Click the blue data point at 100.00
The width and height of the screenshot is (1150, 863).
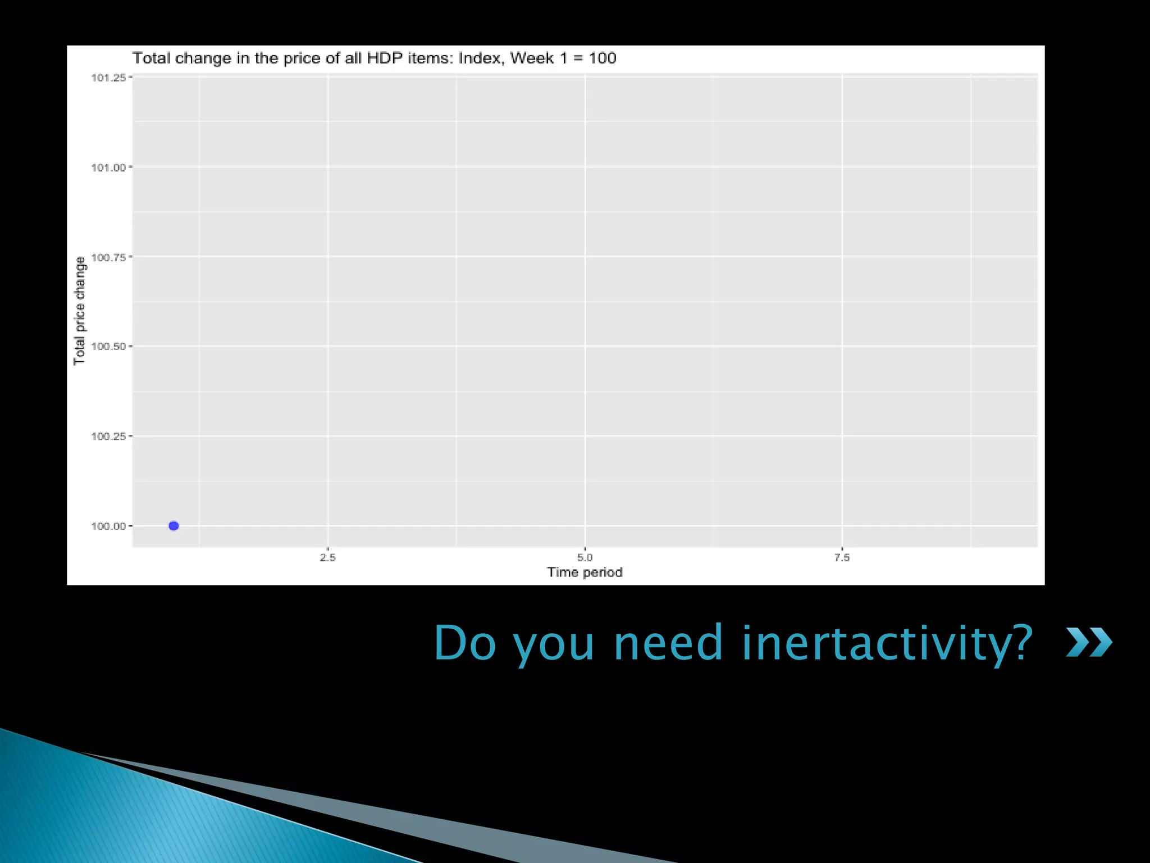coord(174,526)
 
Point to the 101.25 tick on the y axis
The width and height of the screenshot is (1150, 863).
coord(108,78)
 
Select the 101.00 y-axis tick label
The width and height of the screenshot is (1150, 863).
coord(108,167)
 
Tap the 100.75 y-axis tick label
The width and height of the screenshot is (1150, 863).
coord(108,257)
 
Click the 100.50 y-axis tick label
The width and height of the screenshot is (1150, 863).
coord(108,346)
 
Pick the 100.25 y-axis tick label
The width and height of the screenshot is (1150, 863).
coord(108,436)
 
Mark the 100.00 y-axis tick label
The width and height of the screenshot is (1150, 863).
coord(108,526)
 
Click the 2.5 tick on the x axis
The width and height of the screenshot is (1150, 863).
coord(328,557)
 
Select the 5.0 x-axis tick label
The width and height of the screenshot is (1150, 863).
coord(585,557)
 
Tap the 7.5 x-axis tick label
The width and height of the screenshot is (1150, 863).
coord(842,557)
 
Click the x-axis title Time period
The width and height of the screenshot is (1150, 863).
coord(585,572)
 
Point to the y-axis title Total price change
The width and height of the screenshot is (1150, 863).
coord(80,311)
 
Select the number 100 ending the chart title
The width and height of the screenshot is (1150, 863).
coord(603,58)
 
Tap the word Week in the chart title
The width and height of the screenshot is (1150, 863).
coord(532,58)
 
